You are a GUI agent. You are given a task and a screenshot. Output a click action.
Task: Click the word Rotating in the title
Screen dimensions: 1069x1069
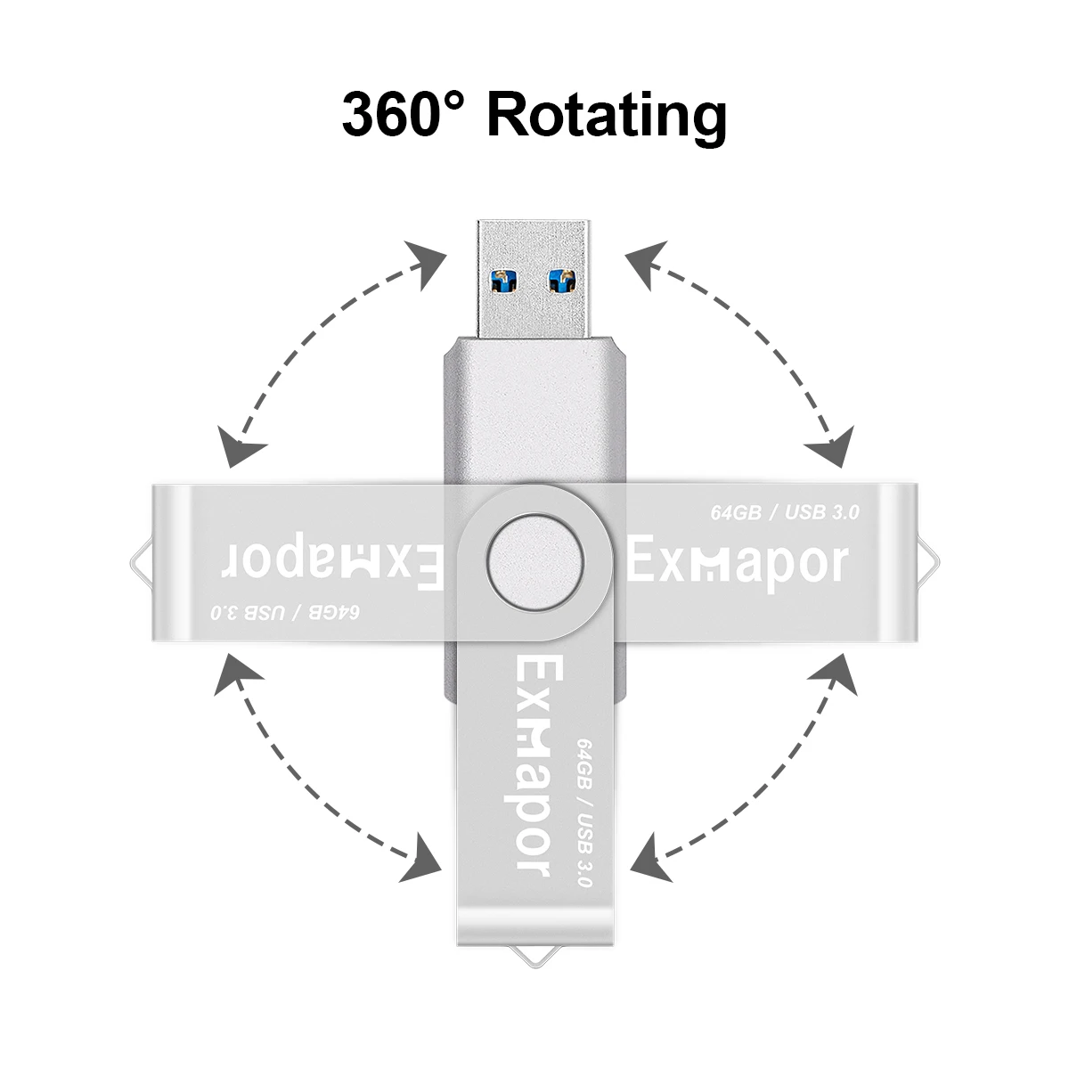pyautogui.click(x=608, y=116)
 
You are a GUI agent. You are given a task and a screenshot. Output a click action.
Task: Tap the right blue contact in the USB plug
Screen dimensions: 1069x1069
pyautogui.click(x=564, y=280)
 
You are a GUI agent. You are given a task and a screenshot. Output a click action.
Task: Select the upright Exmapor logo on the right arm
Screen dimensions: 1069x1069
pyautogui.click(x=736, y=563)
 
